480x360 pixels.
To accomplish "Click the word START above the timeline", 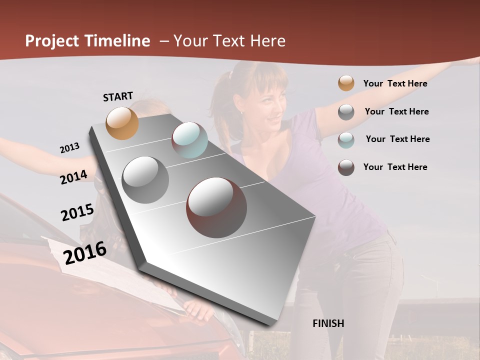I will click(118, 96).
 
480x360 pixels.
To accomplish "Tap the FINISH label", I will click(328, 323).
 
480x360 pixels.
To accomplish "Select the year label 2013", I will click(70, 148).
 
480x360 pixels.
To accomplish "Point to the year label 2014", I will click(74, 177).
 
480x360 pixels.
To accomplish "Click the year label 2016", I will click(85, 252).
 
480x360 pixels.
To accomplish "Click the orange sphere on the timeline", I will click(122, 123).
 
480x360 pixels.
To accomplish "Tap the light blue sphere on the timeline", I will click(189, 140).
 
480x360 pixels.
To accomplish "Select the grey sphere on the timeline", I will click(145, 180).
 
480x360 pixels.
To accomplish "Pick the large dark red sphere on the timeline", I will click(216, 207).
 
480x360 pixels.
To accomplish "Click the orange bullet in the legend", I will click(346, 83).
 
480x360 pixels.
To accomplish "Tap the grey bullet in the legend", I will click(346, 112).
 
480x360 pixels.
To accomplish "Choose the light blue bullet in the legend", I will click(346, 139).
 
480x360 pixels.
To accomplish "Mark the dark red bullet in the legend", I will click(346, 167).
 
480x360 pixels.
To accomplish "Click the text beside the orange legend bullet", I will click(395, 83).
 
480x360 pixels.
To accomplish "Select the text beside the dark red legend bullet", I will click(395, 167).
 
